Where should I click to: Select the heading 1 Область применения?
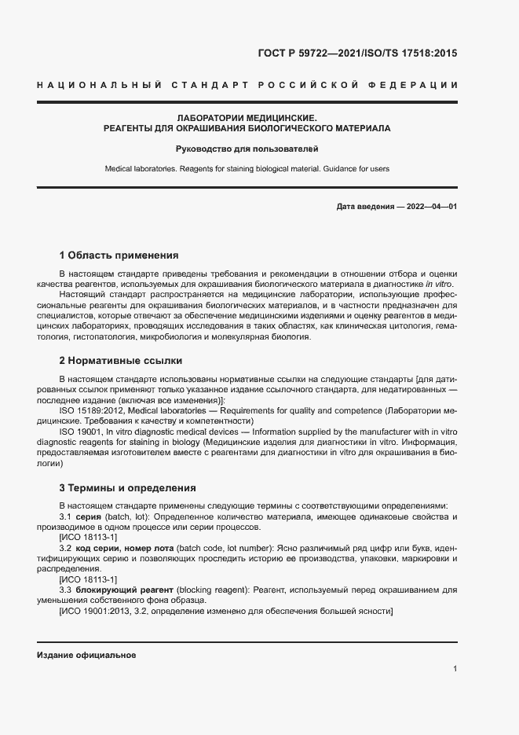(x=119, y=255)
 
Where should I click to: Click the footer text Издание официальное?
(x=87, y=655)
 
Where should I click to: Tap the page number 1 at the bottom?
(x=455, y=669)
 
